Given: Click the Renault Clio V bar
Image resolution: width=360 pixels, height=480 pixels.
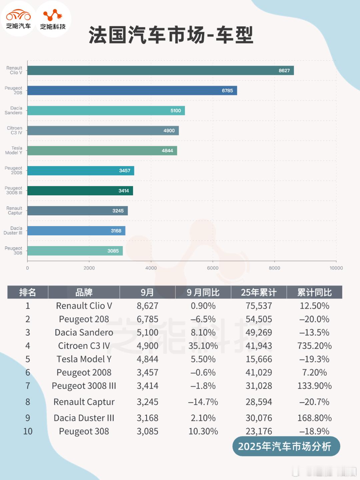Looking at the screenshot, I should (160, 70).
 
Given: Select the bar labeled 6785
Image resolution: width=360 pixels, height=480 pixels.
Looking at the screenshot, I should (132, 90).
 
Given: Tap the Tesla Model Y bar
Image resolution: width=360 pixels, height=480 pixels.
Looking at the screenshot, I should (102, 151).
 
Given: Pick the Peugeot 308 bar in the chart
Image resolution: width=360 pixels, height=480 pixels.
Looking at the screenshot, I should (75, 251).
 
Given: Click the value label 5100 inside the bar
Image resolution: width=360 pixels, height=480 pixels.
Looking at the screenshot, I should (176, 111).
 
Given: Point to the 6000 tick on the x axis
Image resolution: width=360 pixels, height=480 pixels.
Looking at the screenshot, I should (213, 268).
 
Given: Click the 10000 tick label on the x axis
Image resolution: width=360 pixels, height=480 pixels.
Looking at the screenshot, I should (336, 268).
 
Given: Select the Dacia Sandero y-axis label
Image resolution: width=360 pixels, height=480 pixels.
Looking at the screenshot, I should (14, 110).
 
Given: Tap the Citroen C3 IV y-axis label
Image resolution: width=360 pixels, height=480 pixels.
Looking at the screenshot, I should (15, 130).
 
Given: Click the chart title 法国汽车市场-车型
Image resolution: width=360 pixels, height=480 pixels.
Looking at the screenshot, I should (171, 35).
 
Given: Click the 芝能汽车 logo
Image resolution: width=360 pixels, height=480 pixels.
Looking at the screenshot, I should (18, 19).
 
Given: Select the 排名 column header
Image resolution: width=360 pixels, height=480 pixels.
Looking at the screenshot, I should (28, 292).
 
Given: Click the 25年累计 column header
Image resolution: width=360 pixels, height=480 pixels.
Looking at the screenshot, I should (259, 292).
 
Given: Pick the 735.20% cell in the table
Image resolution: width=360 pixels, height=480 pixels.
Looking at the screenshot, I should (314, 346).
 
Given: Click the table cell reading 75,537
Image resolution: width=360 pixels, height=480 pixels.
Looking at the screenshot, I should (259, 306).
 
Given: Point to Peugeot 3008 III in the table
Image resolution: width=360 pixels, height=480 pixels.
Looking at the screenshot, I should (84, 386).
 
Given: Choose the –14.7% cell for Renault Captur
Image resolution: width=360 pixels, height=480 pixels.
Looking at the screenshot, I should (203, 402).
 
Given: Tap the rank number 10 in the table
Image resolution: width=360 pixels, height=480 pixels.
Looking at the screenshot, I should (28, 431).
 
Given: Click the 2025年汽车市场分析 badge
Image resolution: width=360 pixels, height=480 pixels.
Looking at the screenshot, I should (286, 446).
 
